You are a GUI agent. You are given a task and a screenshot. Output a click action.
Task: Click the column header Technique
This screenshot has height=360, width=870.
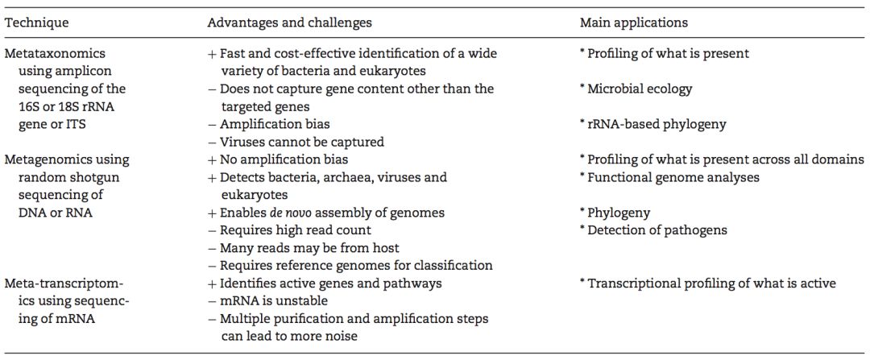click(x=37, y=23)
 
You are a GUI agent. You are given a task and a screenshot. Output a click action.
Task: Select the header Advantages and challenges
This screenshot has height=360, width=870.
click(x=290, y=23)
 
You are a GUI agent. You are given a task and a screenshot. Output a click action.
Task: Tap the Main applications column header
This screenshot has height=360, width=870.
click(x=633, y=23)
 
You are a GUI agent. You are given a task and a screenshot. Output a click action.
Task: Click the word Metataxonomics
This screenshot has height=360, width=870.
click(x=55, y=54)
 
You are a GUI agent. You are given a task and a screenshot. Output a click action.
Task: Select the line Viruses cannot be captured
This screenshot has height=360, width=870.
click(x=302, y=142)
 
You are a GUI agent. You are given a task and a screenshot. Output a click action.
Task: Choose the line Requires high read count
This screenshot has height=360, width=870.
click(x=293, y=230)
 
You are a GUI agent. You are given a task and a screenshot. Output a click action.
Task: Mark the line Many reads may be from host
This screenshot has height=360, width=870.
click(x=309, y=248)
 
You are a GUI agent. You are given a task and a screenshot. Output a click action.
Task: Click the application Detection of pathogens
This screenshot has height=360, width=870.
click(x=657, y=230)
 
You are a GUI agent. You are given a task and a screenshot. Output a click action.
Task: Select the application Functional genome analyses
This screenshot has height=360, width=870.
click(x=673, y=177)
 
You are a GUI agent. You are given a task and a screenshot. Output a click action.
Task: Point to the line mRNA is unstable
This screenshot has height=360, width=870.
click(x=276, y=301)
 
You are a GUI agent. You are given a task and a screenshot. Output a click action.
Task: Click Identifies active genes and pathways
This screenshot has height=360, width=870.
click(x=330, y=283)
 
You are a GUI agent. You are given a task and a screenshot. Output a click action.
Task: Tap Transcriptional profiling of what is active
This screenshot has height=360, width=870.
click(x=711, y=283)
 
